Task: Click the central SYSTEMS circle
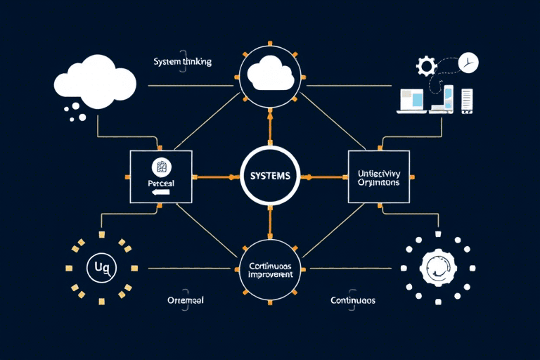[x=270, y=176]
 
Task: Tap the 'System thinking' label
[x=182, y=62]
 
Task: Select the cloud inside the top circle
[x=270, y=72]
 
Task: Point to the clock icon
[x=467, y=63]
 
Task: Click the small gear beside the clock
[x=426, y=67]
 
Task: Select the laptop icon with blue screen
[x=411, y=99]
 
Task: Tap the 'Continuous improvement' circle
[x=270, y=270]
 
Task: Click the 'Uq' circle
[x=98, y=267]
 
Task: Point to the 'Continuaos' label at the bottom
[x=353, y=300]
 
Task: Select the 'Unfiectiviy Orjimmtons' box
[x=379, y=176]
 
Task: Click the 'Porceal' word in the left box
[x=162, y=181]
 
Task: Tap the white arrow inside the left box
[x=162, y=191]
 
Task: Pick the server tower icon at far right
[x=467, y=99]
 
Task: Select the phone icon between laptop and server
[x=449, y=98]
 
